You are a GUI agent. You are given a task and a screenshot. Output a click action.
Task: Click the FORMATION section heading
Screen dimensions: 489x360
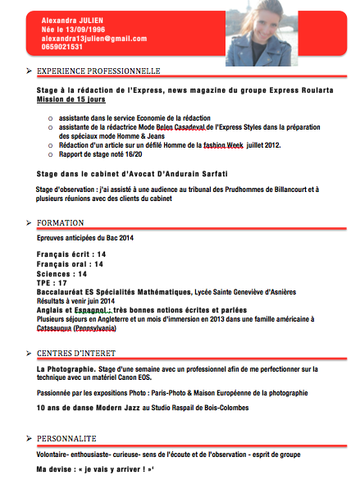[x=61, y=223]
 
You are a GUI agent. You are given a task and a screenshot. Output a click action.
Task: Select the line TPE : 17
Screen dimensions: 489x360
[x=52, y=283]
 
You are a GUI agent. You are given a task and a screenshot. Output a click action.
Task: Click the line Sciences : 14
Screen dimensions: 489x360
[x=62, y=273]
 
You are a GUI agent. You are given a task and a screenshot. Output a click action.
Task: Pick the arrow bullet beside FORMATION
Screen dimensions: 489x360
[x=29, y=223]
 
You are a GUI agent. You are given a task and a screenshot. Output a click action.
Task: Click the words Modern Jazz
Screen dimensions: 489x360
[x=119, y=408]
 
